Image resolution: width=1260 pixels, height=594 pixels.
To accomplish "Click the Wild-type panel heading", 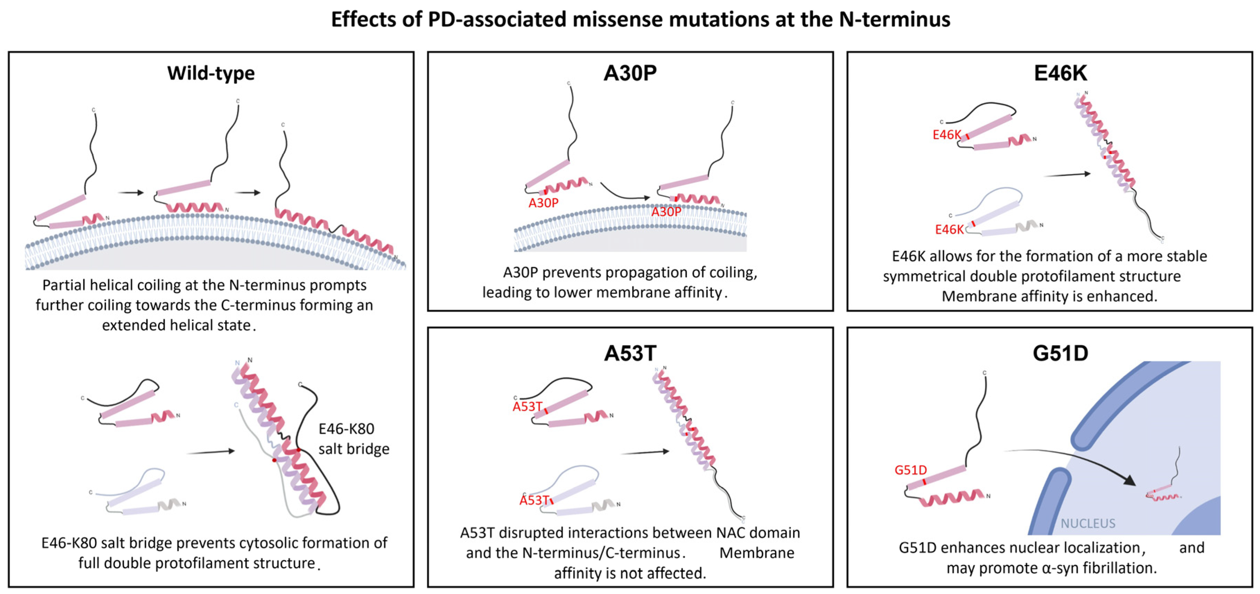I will pyautogui.click(x=211, y=73).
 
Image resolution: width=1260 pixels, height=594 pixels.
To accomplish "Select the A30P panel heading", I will pyautogui.click(x=630, y=73).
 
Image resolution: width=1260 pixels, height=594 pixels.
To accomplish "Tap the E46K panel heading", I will pyautogui.click(x=1060, y=73).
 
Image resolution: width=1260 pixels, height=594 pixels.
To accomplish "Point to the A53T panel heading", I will pyautogui.click(x=630, y=353).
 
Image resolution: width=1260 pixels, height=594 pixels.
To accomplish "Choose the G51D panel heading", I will pyautogui.click(x=1060, y=353).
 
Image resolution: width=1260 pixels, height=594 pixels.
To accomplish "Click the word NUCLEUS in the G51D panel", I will pyautogui.click(x=1088, y=524).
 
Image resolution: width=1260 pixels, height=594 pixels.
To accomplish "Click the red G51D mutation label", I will pyautogui.click(x=910, y=470).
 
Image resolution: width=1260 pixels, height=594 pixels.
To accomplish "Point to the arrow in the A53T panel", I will pyautogui.click(x=645, y=452).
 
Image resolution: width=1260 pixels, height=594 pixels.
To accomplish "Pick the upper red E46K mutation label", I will pyautogui.click(x=946, y=135).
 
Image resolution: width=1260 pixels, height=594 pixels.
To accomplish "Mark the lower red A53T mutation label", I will pyautogui.click(x=534, y=500).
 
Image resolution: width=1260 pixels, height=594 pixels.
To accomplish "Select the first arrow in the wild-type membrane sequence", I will pyautogui.click(x=131, y=193).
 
